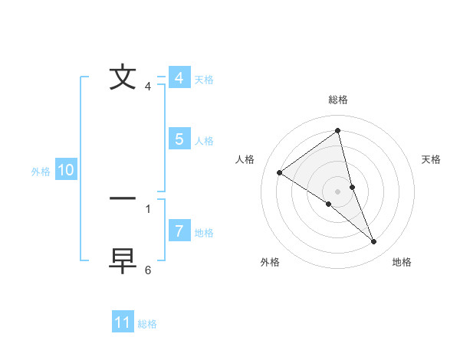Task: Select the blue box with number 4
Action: coord(179,78)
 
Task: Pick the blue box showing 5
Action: coord(179,139)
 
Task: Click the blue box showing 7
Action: coord(179,231)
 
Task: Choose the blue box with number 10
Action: coord(66,170)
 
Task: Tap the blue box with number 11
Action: coord(122,322)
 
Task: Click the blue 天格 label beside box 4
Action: coord(204,80)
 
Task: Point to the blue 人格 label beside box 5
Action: coord(204,141)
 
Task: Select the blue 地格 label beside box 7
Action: coord(204,233)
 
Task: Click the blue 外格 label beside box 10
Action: coord(41,172)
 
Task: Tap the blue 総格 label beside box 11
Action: coord(147,324)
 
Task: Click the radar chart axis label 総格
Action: coord(337,100)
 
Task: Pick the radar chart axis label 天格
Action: coord(432,159)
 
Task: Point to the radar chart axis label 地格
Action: coord(402,263)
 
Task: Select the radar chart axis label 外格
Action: coord(270,263)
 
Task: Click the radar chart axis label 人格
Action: coord(245,159)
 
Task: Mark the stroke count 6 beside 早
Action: coord(148,270)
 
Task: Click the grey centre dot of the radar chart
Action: coord(337,191)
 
